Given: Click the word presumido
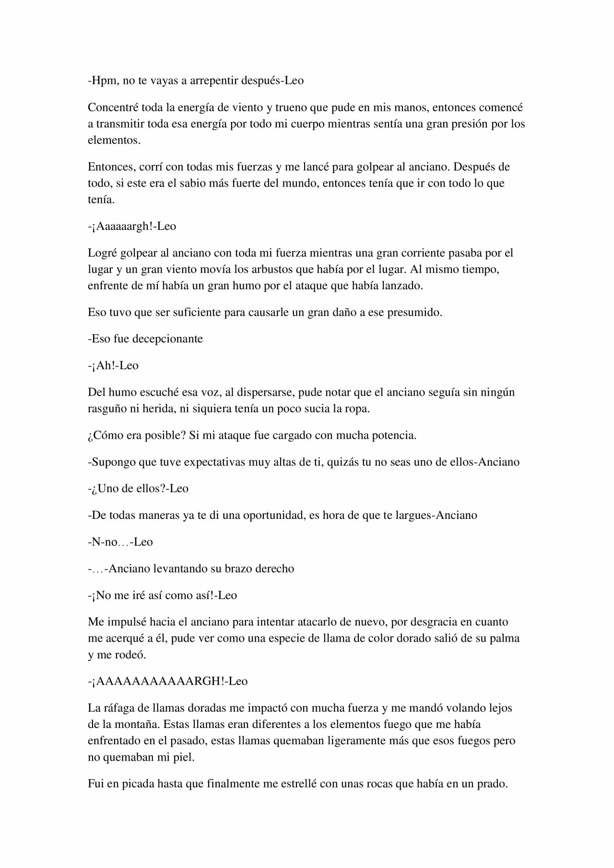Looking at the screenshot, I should [x=414, y=313].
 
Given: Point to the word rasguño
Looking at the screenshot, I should [x=107, y=409].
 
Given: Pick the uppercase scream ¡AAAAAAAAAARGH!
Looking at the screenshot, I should [x=158, y=681].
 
